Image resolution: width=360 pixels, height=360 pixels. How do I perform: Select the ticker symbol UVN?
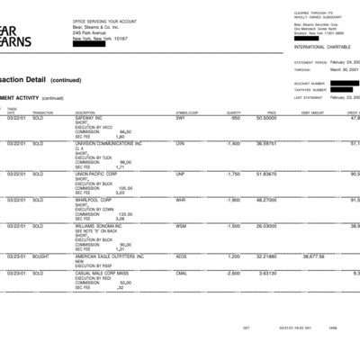181,143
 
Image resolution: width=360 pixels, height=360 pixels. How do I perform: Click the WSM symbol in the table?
182,227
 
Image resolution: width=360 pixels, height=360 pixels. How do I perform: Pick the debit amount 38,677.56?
312,256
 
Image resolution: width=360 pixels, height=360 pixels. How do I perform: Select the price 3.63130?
265,273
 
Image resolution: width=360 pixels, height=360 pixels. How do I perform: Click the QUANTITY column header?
234,112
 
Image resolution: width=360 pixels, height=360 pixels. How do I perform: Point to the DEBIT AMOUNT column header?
312,112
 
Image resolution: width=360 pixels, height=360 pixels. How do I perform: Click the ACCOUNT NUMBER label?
309,84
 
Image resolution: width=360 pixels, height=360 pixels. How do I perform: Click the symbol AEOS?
182,256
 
